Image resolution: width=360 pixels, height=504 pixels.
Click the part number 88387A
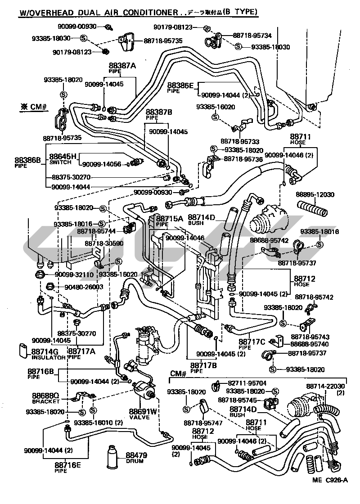coord(123,65)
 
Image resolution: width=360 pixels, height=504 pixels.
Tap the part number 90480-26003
coord(79,287)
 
